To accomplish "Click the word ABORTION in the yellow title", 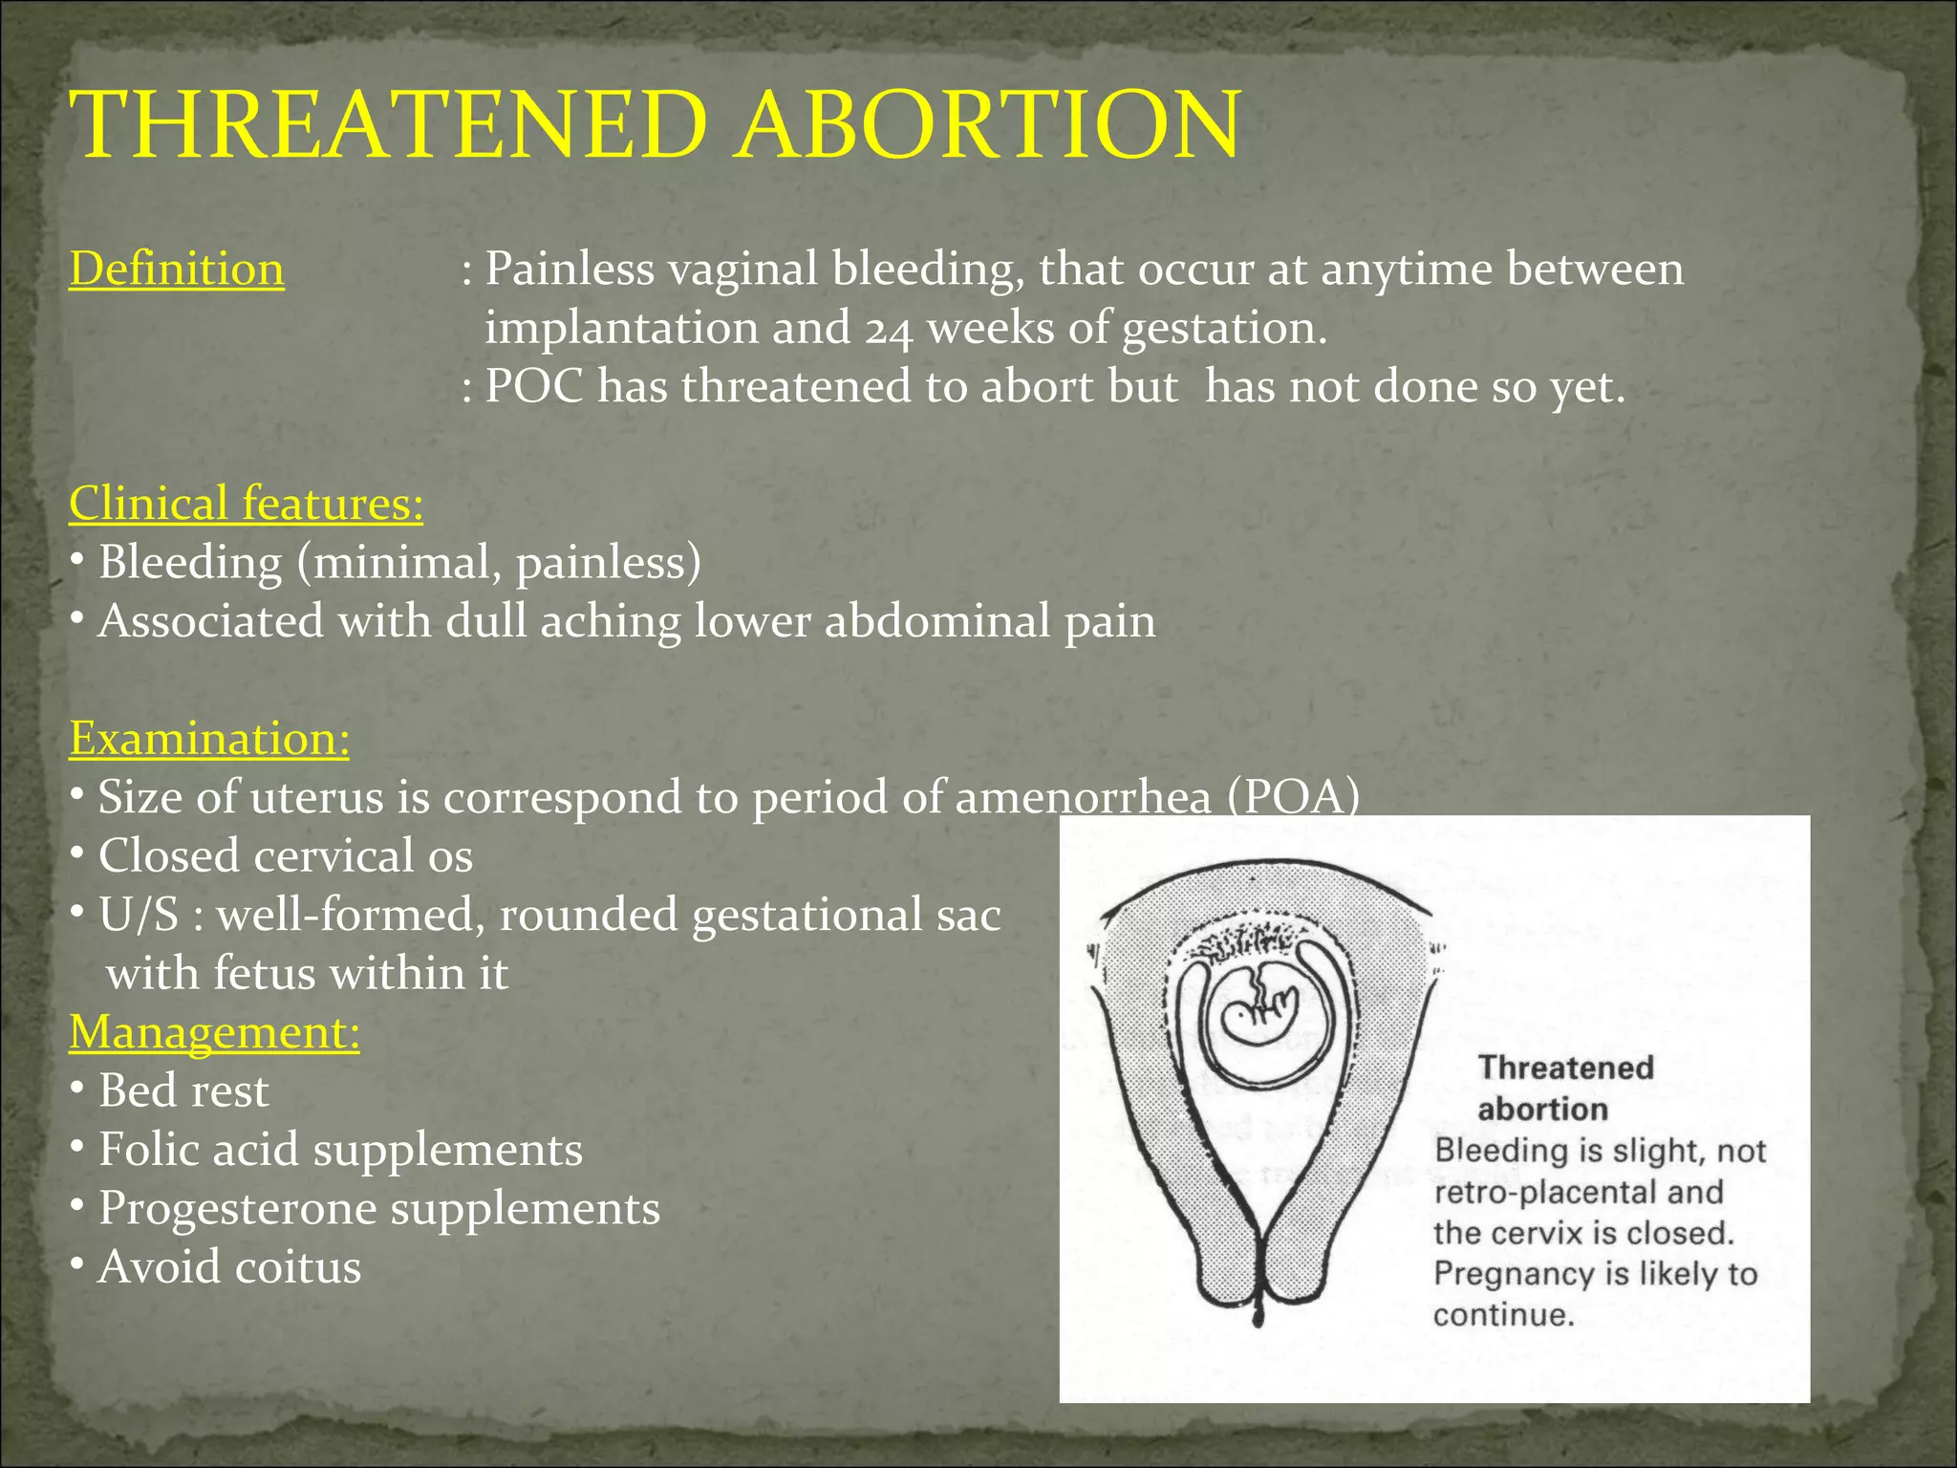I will point(989,126).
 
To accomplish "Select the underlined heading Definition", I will point(177,270).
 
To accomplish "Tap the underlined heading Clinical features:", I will point(246,504).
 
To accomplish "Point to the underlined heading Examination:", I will point(209,739).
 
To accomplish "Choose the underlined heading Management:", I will point(214,1032).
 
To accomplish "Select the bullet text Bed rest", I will point(183,1090).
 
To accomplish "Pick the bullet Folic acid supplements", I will point(340,1150).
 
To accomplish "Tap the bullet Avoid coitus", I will point(229,1267).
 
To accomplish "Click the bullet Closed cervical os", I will point(285,855).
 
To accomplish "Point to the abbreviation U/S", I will point(139,915).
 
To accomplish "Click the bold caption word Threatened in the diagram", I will point(1565,1068).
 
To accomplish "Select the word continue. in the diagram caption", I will point(1502,1315).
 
